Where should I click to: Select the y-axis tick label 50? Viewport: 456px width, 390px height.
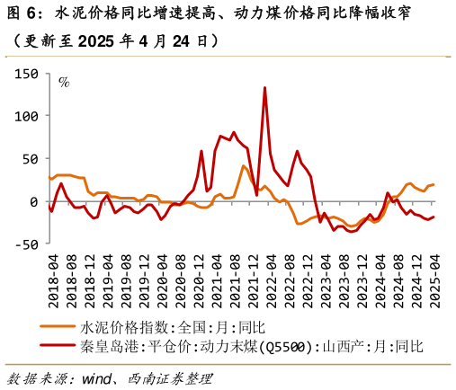[x=29, y=159]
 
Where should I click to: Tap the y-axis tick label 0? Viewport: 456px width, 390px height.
[x=32, y=201]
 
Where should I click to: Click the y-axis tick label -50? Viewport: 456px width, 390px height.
[x=26, y=244]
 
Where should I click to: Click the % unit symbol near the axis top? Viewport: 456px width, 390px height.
[x=64, y=83]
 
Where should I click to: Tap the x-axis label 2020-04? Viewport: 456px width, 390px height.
[x=162, y=278]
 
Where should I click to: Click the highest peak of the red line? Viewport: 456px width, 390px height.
[x=264, y=88]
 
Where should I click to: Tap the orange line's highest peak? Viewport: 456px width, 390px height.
[x=244, y=165]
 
